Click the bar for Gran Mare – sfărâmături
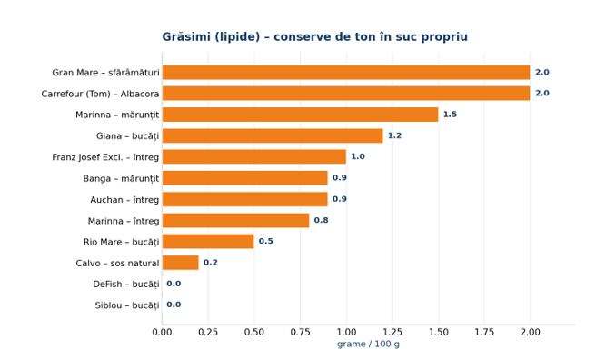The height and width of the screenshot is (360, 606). coord(346,73)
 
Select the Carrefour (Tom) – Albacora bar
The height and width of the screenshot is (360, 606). coord(346,94)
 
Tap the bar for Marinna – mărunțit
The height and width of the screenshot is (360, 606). coord(301,115)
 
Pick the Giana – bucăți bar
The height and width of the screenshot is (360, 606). coord(273,135)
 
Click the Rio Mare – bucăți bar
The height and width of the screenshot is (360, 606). coord(208,241)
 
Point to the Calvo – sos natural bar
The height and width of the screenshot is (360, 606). coord(181,263)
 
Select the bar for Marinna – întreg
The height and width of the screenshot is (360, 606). coord(235,220)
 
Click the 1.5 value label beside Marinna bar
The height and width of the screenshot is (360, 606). coord(450,115)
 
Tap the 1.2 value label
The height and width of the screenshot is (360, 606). coord(394,135)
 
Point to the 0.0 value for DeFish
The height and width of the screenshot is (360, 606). coord(174,284)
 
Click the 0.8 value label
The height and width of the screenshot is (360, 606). coord(321,220)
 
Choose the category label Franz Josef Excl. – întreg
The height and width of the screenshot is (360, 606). coord(105,157)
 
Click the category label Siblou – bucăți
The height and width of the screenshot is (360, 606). coord(127,305)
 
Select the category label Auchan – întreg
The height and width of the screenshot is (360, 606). coord(124,200)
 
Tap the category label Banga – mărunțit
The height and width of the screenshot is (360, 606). coord(121,179)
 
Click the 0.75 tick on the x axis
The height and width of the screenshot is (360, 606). coord(301,332)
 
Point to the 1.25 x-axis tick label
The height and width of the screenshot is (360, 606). coord(392,332)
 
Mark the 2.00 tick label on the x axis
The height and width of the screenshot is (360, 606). coord(531,332)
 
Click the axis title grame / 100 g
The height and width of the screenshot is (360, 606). coord(368,345)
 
